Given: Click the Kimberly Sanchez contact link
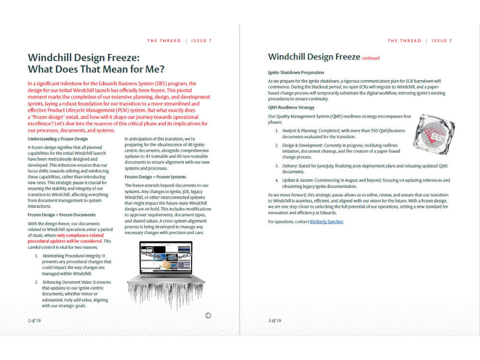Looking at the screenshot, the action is (x=326, y=222).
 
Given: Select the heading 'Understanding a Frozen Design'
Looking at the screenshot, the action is (x=58, y=139).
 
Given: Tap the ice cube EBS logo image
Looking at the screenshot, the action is (x=434, y=134).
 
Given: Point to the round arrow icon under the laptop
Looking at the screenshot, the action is (x=208, y=315).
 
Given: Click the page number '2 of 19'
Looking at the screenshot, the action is (x=34, y=321).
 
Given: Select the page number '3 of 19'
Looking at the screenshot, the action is (x=275, y=321).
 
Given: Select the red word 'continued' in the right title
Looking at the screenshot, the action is (x=371, y=58).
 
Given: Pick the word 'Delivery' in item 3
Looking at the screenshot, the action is (x=290, y=166).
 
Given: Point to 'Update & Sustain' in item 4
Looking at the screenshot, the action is (x=299, y=180).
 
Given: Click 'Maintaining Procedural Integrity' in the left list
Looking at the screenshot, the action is (x=72, y=256).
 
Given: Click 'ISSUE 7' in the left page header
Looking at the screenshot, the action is (x=202, y=41).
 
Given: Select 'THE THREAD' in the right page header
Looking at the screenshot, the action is (x=404, y=41).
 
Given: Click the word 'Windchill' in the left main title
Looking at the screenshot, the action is (x=53, y=58).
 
